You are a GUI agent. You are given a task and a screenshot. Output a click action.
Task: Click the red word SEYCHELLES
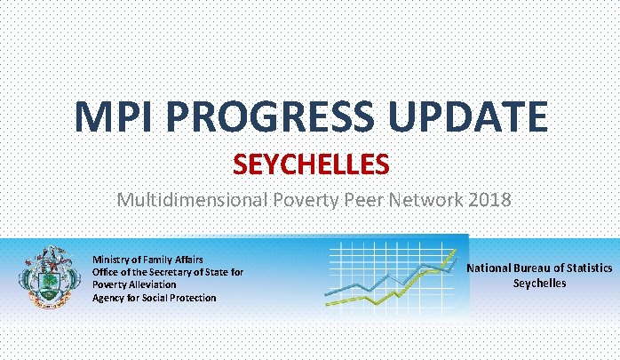pyautogui.click(x=311, y=164)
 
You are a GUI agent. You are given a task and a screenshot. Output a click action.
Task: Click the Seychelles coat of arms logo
pyautogui.click(x=46, y=277)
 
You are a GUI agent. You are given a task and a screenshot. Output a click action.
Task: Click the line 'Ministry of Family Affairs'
pyautogui.click(x=147, y=260)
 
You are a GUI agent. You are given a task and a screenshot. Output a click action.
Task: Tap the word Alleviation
pyautogui.click(x=153, y=284)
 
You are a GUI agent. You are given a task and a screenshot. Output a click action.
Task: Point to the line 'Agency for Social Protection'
pyautogui.click(x=154, y=298)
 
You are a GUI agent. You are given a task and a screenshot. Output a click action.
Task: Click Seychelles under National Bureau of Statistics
pyautogui.click(x=540, y=283)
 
